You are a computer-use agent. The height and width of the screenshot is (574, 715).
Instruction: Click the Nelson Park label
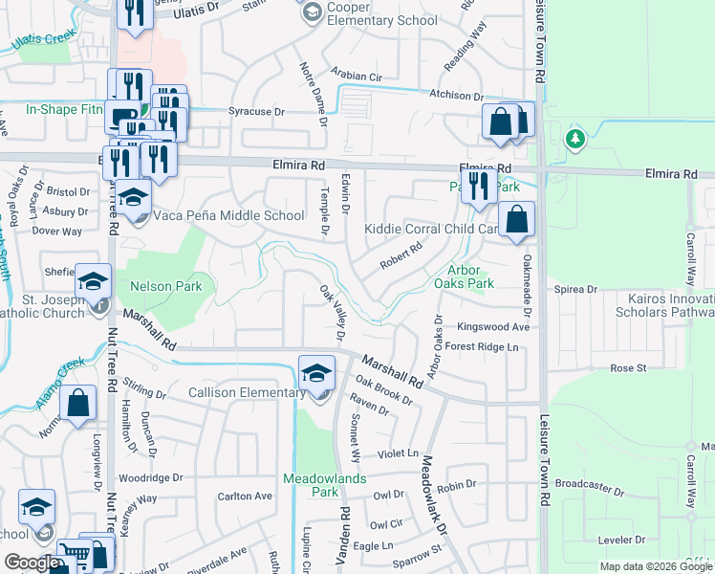click(x=153, y=285)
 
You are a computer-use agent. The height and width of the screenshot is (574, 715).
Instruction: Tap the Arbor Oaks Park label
click(x=464, y=277)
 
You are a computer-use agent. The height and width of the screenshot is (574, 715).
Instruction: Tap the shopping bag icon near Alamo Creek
click(x=77, y=404)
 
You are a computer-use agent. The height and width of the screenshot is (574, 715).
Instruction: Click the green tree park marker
click(x=574, y=140)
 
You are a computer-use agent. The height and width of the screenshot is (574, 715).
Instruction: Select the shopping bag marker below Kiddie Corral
click(x=516, y=220)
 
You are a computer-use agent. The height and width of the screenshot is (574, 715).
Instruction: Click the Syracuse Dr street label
click(x=257, y=112)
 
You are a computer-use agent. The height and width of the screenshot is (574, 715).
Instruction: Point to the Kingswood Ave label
click(x=492, y=326)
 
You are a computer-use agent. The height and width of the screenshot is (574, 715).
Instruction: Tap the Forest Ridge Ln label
click(x=487, y=347)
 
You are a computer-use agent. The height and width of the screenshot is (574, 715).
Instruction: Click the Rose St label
click(x=628, y=367)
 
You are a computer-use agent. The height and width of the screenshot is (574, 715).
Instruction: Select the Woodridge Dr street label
click(x=149, y=477)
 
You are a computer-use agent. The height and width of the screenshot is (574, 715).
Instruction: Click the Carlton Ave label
click(x=245, y=497)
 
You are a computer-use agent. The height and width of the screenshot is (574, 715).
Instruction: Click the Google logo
click(x=32, y=563)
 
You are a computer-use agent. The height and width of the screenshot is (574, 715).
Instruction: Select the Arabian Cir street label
click(x=357, y=74)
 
